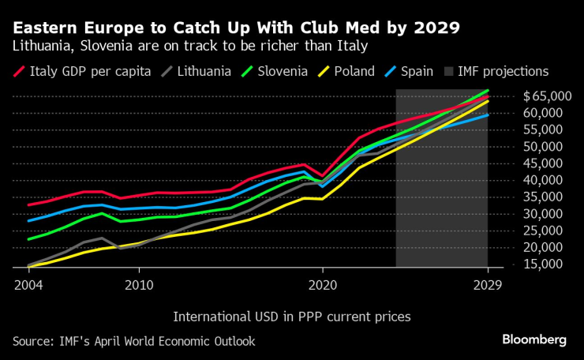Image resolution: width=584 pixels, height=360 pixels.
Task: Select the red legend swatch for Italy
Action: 19,71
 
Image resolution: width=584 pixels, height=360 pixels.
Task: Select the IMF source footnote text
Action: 133,340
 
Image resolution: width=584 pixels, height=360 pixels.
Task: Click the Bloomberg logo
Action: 534,339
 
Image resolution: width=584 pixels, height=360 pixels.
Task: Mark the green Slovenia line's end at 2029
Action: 488,91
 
